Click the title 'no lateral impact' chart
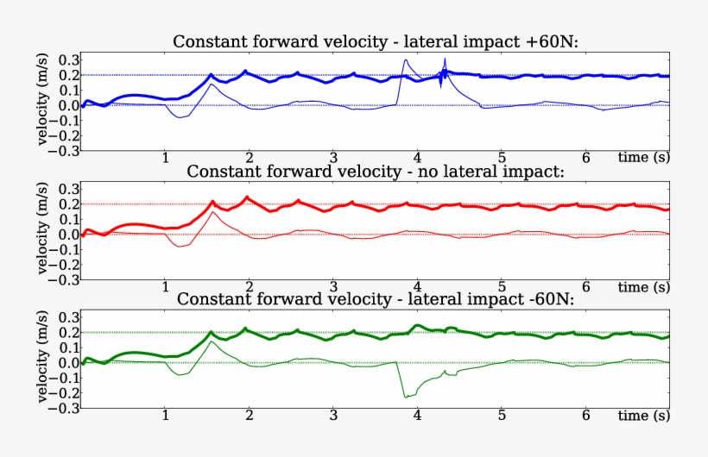[376, 171]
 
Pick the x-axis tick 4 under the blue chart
[418, 158]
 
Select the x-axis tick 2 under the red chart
[250, 287]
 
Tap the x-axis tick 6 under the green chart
[585, 416]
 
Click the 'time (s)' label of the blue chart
[643, 158]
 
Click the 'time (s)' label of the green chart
[643, 416]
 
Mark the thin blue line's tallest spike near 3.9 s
[405, 60]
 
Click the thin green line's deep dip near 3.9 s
[404, 397]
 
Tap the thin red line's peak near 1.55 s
[212, 211]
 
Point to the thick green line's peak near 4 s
[418, 325]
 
